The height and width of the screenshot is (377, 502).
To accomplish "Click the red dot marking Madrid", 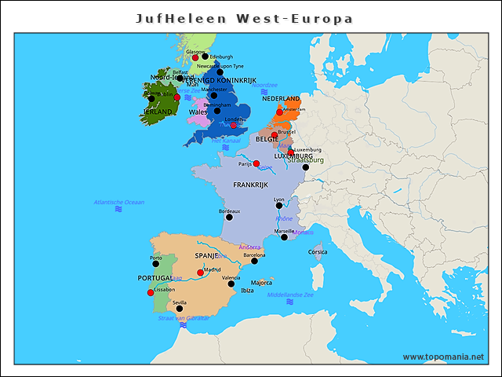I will coord(201,273).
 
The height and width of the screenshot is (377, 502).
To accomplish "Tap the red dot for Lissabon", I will coord(151,293).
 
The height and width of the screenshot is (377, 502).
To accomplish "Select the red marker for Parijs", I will coord(256,163).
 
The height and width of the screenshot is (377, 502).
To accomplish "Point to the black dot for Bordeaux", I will coord(229,217).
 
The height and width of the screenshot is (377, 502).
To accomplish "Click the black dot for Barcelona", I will coord(254,260).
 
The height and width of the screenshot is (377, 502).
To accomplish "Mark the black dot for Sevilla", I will coord(180,308).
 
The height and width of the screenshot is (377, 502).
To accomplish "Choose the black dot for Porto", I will coord(155,263).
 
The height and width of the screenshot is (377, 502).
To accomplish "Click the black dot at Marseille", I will coord(285,236).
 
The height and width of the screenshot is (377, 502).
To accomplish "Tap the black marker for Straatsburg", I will coord(306,167).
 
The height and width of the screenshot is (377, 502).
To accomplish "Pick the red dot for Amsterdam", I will coord(279,112).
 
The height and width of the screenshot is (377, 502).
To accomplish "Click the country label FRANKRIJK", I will coord(250,185).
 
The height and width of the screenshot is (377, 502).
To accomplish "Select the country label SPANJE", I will coord(206,255).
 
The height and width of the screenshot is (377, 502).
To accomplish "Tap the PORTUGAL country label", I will coord(155,278).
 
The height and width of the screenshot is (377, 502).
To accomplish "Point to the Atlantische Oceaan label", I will coord(118,202).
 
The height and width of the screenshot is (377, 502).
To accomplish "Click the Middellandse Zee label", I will coord(289,295).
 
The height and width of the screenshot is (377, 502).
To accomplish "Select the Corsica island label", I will coord(318,252).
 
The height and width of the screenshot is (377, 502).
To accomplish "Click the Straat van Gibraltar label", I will coord(184,317).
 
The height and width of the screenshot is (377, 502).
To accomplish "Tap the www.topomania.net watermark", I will coord(443,357).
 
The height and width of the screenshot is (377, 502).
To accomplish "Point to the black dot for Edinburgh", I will coord(206,56).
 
